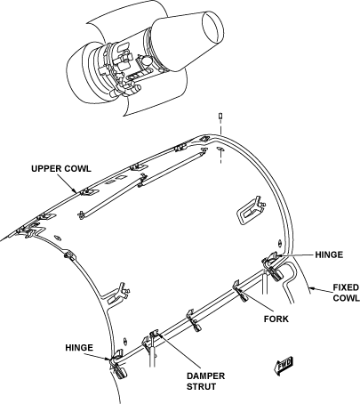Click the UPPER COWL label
coord(61,169)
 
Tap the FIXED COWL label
coord(346,293)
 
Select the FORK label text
coord(276,319)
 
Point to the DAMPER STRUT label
coord(205,381)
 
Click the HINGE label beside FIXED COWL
coord(329,255)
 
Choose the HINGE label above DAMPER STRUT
coord(79,348)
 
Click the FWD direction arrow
coord(284,366)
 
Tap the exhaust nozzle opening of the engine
coord(212,28)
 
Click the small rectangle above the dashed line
coord(220,116)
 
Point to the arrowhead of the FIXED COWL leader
coord(309,287)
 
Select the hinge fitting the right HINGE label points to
coord(273,265)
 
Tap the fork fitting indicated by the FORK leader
coord(240,291)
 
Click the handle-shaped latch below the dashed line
coord(251,210)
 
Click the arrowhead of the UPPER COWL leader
coord(76,192)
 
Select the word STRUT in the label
coord(201,386)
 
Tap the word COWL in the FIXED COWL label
coord(346,298)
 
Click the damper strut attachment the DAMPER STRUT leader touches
coord(155,336)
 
